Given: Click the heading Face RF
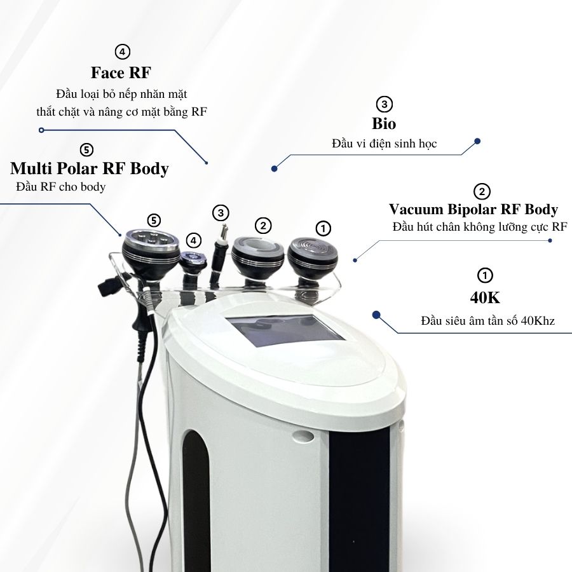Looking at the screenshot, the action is [x=121, y=72].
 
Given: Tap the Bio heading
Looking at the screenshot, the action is [x=384, y=124].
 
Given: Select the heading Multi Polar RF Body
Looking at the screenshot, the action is [x=90, y=168].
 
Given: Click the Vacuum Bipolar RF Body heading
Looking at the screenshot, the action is [x=473, y=209].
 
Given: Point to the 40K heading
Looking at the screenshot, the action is [x=485, y=297].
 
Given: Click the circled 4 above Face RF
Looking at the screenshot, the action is [x=122, y=51].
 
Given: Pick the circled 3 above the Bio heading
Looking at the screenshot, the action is [x=384, y=104].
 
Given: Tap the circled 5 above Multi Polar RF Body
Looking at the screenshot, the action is [x=86, y=149].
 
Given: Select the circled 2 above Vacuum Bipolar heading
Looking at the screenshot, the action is [x=482, y=191].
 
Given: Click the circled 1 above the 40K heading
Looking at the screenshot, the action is [x=485, y=275].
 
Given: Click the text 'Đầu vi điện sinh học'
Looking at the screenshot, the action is [x=384, y=144].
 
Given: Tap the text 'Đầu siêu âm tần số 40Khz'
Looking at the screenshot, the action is [x=487, y=321].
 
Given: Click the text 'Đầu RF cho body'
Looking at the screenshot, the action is [x=61, y=187].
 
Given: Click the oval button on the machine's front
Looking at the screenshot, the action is [x=304, y=435].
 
